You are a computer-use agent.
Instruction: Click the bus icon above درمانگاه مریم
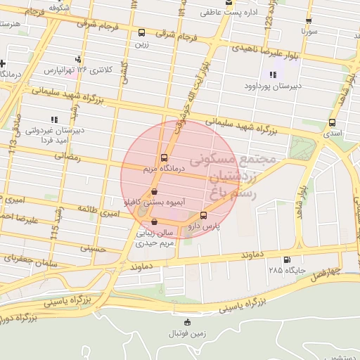164,157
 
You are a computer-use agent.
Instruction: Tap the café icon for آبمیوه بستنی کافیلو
155,191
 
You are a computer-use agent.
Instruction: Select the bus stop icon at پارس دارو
204,215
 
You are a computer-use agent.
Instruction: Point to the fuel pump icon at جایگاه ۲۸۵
285,259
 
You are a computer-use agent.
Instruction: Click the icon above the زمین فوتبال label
186,323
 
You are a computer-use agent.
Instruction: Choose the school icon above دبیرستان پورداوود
273,75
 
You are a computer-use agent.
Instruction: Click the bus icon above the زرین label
142,32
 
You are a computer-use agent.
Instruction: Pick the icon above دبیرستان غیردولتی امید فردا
54,119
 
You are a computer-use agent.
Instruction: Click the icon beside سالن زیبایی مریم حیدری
155,222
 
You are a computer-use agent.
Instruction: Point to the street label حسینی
92,248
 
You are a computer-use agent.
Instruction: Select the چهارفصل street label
326,271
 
